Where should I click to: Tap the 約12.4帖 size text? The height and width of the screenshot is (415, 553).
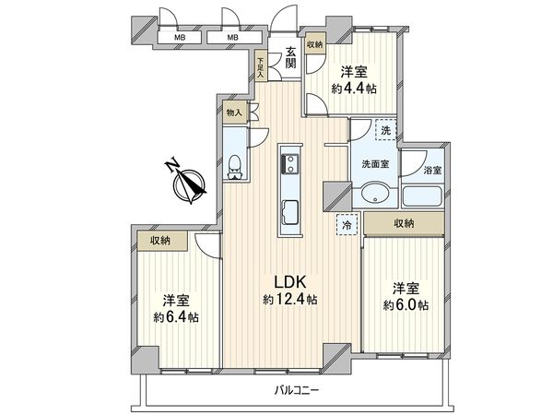(x=288, y=300)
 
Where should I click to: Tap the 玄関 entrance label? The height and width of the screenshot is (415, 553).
(x=290, y=57)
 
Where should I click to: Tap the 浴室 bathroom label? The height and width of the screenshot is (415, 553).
(x=432, y=171)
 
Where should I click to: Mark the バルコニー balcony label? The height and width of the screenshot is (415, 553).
(x=297, y=391)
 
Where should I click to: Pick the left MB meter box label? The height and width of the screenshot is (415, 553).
(x=180, y=38)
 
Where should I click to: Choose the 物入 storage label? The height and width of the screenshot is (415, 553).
(x=234, y=113)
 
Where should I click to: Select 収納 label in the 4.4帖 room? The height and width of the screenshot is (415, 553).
(x=315, y=44)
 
